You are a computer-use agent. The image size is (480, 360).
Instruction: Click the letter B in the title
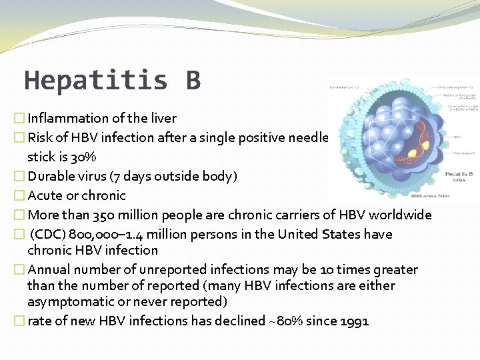(x=193, y=81)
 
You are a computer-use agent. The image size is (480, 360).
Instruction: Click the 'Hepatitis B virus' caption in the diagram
(x=458, y=177)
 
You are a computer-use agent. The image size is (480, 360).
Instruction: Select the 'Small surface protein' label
(x=457, y=87)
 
